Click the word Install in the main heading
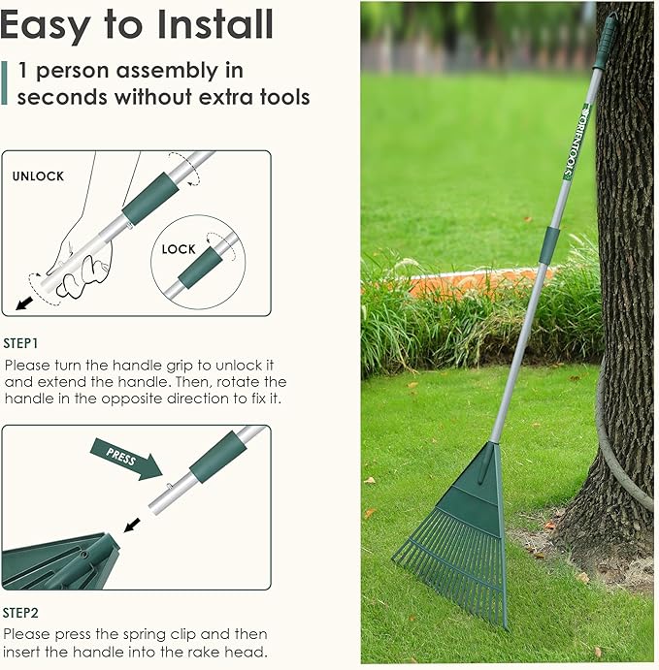click(x=200, y=25)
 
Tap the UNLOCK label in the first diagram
click(x=38, y=176)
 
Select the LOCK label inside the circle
click(x=179, y=249)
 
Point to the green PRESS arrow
click(x=124, y=458)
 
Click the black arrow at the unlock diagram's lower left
click(x=25, y=303)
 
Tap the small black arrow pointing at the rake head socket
click(x=131, y=525)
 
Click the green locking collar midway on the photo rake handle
click(x=547, y=246)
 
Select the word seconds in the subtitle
click(x=60, y=97)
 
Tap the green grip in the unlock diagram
click(x=149, y=199)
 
